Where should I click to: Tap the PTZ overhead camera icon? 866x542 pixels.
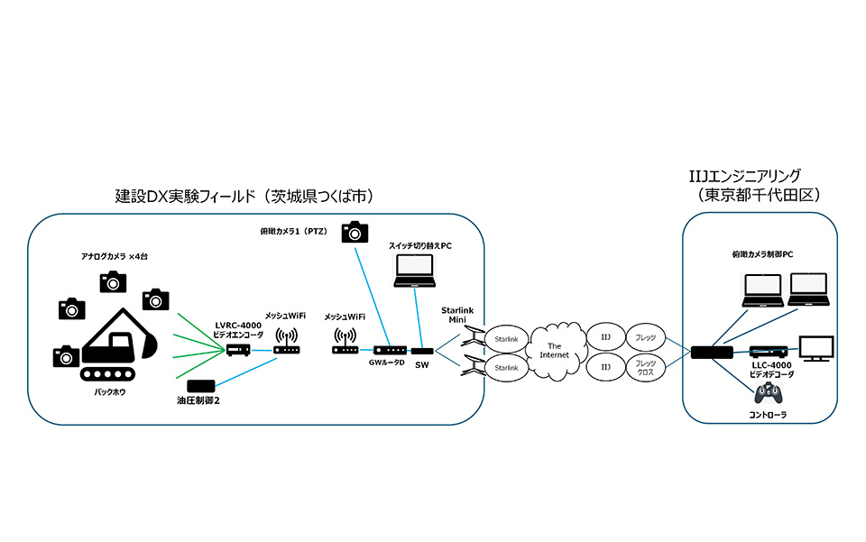(355, 232)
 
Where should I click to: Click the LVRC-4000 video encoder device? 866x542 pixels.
(237, 350)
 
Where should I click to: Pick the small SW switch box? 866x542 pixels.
(422, 350)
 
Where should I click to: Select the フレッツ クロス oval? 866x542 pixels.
(645, 369)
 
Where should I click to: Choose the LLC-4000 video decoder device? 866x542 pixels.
(769, 351)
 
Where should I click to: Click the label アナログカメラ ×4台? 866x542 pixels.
(114, 257)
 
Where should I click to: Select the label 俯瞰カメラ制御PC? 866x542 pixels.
(762, 254)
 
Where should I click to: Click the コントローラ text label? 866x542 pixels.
(769, 416)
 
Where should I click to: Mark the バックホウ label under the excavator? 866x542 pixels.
(115, 393)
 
